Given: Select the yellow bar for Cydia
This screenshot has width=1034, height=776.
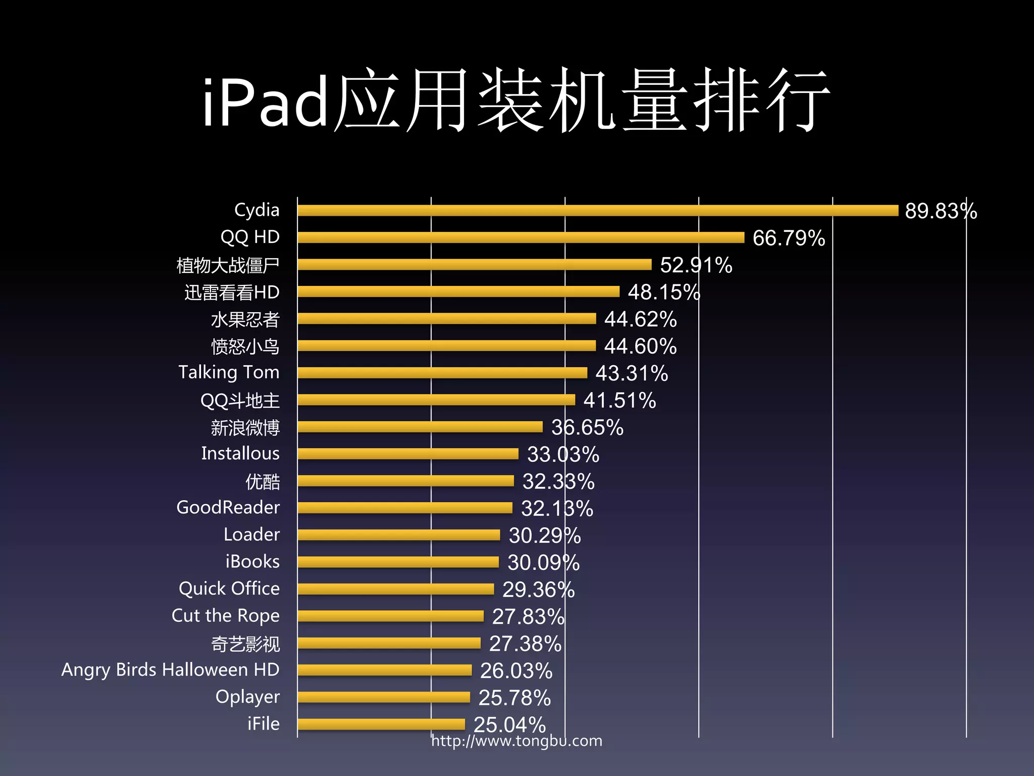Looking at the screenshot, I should coord(598,211).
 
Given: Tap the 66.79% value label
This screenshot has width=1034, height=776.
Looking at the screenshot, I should coord(789,238).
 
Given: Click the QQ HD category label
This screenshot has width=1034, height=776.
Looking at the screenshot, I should coord(250,237).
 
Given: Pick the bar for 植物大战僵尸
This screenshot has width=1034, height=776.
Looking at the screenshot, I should coord(475,265).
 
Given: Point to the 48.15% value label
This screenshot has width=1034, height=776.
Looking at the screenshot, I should coord(663,292).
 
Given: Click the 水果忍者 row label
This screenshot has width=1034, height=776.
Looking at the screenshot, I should coord(245,319).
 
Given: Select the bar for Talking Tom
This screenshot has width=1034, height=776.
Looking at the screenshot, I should coord(442,373).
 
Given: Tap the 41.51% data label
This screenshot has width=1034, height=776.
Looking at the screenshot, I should coord(619,401).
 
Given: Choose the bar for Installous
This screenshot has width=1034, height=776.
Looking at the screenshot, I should coord(408,454).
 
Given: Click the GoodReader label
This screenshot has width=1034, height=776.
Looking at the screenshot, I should coord(228,507).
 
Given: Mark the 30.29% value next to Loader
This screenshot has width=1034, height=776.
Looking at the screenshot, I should coord(544,536).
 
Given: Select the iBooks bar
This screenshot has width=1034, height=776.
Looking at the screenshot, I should coord(398,562).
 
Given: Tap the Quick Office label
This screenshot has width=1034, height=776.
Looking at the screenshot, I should coord(229,589).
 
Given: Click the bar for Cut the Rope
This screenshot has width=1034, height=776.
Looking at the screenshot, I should coord(390,616).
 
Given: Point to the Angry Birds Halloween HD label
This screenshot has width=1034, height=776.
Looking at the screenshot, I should coord(170,670).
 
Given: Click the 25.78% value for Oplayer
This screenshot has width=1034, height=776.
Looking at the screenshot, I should coord(514,698).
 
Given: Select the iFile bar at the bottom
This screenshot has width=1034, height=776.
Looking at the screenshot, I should coord(381,724).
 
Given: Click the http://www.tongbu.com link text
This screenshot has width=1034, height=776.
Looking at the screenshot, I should coord(516,741).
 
